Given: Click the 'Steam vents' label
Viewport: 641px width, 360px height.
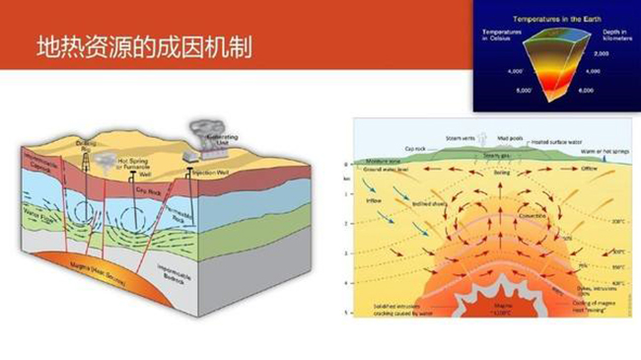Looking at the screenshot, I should click(461, 137).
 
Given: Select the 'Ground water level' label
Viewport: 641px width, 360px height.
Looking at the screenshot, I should click(386, 170).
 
